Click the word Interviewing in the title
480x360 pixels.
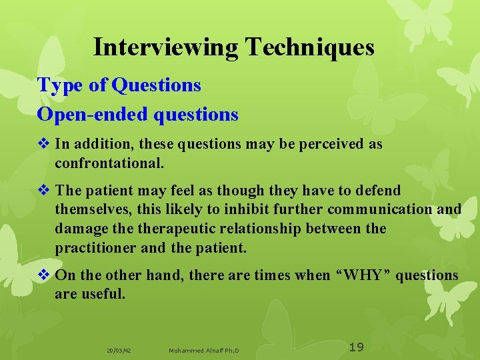coord(166,47)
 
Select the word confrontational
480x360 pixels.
coord(109,163)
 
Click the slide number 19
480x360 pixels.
coord(357,347)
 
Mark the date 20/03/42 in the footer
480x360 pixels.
coord(119,350)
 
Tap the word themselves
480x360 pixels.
coord(93,209)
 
